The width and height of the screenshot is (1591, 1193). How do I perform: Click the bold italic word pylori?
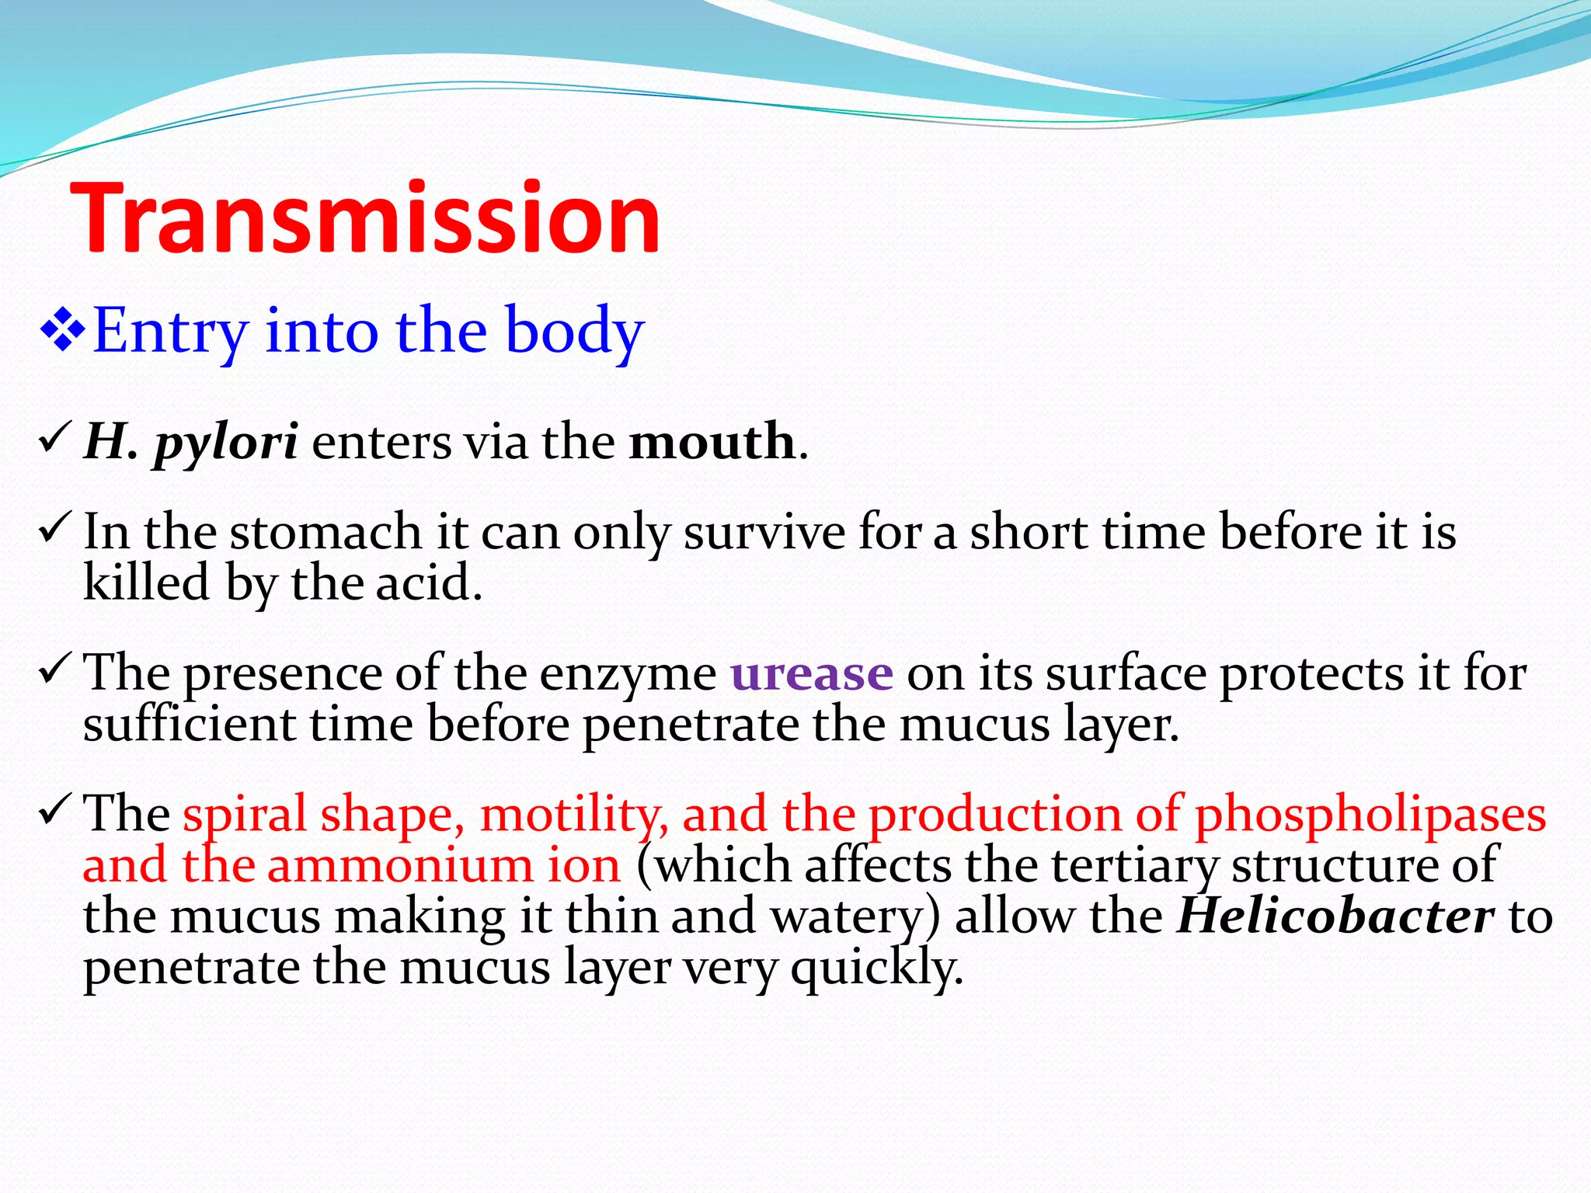(225, 443)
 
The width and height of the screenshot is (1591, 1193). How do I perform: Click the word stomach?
(326, 533)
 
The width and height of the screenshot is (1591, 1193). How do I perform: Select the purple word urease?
(812, 673)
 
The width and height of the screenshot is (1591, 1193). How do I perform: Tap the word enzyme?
(628, 676)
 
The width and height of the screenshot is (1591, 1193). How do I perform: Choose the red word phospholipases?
(1370, 816)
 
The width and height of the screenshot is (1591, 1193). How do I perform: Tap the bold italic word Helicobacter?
(1335, 916)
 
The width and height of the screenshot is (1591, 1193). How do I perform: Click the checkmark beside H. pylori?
(54, 440)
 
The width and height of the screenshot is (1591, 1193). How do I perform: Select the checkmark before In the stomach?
(54, 530)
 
